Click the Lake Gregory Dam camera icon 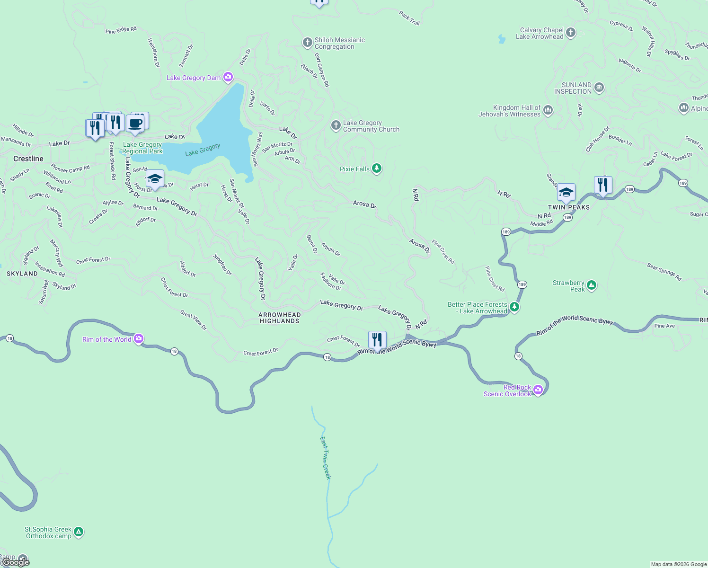coord(228,77)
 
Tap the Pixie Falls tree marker coord(377,169)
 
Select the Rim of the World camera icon coord(139,338)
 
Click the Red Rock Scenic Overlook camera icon coord(538,390)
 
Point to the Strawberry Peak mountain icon coord(592,285)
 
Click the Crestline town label coord(28,159)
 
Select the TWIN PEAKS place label coord(569,207)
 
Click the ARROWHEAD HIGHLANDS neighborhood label coord(279,318)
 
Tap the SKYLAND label coord(22,274)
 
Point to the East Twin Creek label coord(325,458)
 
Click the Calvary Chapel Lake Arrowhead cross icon coord(571,33)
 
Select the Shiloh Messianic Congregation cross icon coord(308,43)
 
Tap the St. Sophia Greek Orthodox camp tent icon coord(79,532)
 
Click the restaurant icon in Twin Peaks coord(603,185)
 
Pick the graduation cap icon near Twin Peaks coord(566,192)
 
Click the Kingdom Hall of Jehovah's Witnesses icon coord(548,111)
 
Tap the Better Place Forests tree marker coord(514,307)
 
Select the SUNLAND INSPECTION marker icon coord(599,88)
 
